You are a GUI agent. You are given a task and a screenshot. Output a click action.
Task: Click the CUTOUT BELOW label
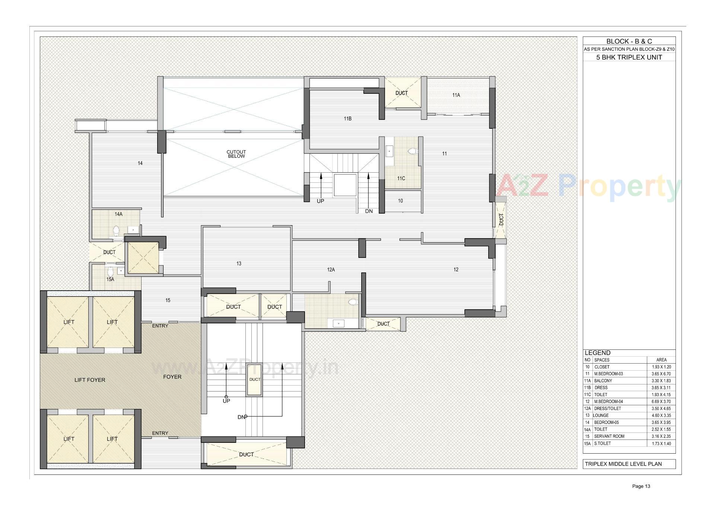point(236,154)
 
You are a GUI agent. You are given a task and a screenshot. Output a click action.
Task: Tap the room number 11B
point(347,119)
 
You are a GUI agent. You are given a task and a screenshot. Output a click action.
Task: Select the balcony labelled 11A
point(456,95)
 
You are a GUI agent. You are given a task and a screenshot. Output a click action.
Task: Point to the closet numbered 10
point(400,201)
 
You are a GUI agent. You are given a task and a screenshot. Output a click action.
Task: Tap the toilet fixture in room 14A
point(116,231)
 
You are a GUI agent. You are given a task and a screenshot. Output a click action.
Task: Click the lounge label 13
point(239,263)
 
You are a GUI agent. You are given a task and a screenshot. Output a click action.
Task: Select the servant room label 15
point(168,300)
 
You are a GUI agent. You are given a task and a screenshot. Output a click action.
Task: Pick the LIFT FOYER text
point(90,380)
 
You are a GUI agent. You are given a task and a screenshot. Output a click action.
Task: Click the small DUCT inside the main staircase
point(255,380)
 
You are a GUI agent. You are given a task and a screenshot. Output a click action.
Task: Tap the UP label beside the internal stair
point(320,201)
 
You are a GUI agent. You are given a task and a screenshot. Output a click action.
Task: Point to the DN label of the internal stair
point(369,211)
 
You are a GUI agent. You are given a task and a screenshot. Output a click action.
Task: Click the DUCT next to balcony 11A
point(401,93)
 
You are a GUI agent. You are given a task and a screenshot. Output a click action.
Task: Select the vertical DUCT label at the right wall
point(501,220)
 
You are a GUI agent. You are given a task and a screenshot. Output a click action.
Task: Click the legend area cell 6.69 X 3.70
point(661,402)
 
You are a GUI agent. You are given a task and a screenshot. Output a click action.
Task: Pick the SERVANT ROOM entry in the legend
point(609,436)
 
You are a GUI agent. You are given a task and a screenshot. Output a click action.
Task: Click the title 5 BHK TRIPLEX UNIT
point(629,57)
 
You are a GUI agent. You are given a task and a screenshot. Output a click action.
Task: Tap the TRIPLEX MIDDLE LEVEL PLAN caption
point(623,464)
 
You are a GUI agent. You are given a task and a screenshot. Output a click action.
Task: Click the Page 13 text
point(641,486)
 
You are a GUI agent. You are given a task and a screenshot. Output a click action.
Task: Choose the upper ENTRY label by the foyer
point(160,326)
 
